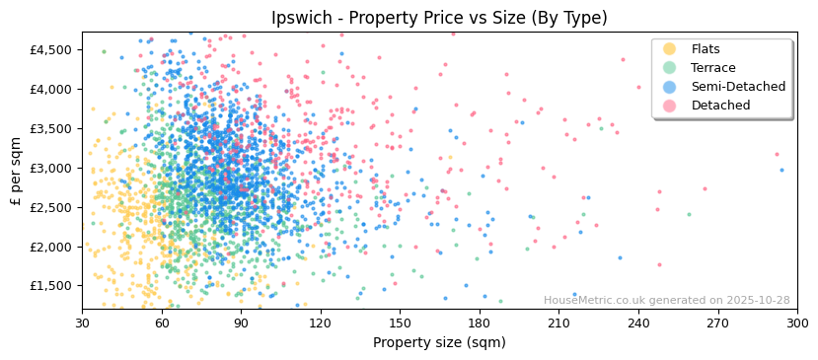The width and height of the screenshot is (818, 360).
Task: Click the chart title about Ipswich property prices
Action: click(439, 18)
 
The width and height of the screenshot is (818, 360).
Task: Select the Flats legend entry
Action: click(706, 49)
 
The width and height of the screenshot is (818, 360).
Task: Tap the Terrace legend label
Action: click(713, 68)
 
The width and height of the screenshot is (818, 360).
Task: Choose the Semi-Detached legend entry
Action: click(738, 87)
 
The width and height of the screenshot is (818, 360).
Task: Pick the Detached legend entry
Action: click(720, 106)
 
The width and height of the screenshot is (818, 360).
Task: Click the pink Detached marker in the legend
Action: click(669, 106)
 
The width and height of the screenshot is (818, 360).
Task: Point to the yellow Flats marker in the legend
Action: click(669, 49)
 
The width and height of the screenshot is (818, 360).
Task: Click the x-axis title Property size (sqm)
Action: click(439, 343)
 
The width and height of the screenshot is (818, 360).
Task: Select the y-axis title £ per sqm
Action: click(16, 172)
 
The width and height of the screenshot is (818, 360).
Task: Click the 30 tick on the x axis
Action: click(82, 323)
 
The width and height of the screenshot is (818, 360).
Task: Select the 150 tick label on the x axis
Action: click(400, 323)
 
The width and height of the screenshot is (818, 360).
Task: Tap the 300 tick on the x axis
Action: click(797, 323)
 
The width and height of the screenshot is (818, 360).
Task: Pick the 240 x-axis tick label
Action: click(638, 323)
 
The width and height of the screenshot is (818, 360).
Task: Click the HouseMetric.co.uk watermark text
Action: click(666, 301)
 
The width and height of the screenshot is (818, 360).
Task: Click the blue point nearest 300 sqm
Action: click(781, 170)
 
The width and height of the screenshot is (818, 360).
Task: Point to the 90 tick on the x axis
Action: click(241, 323)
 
